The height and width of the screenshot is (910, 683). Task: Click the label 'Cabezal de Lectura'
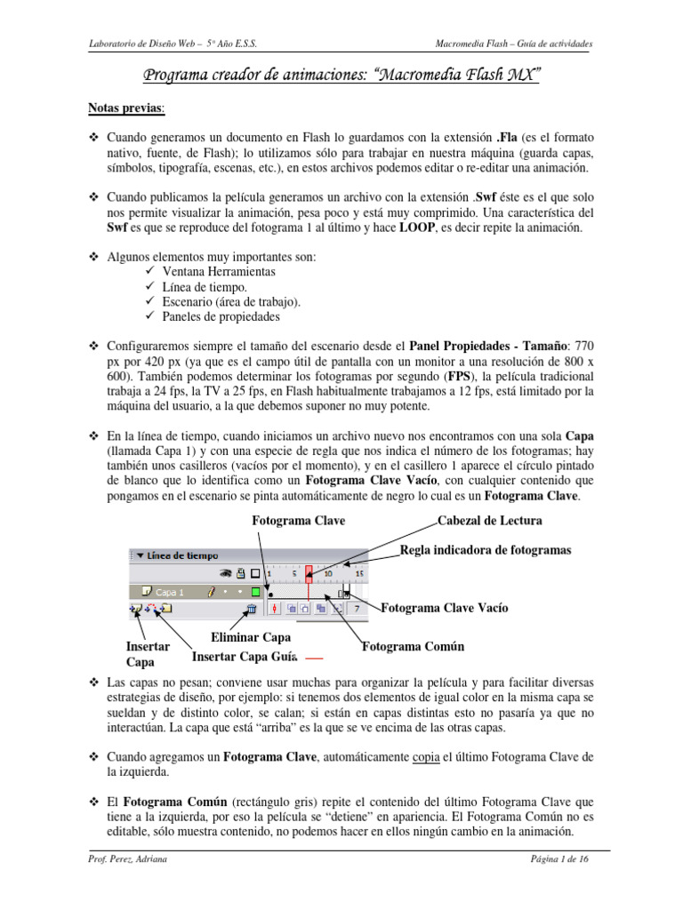[489, 520]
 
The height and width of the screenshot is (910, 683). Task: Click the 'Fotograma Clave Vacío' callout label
[444, 608]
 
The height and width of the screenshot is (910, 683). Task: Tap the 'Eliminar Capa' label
[251, 638]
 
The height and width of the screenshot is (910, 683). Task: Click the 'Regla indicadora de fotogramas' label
[486, 550]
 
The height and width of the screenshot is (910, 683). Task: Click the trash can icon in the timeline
[252, 609]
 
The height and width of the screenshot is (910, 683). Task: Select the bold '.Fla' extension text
[507, 139]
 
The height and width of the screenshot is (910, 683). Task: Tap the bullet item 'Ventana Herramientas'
[218, 271]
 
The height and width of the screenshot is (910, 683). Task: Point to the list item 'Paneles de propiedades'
[221, 315]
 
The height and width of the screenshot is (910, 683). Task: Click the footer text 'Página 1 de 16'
[557, 860]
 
